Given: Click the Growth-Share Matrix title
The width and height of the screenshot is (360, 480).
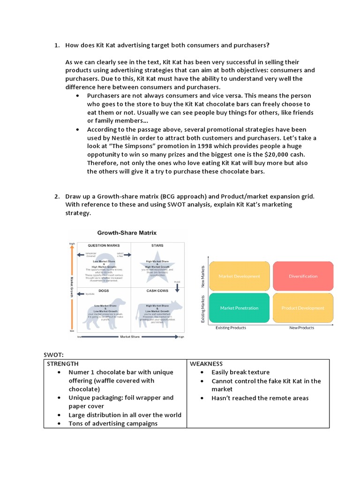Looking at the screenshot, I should pyautogui.click(x=127, y=232).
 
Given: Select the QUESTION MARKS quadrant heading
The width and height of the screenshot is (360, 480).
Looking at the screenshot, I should pyautogui.click(x=104, y=245).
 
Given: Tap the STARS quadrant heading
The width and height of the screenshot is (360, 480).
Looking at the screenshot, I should pyautogui.click(x=157, y=245).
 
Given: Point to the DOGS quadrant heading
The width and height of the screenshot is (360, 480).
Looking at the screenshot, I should pyautogui.click(x=104, y=290).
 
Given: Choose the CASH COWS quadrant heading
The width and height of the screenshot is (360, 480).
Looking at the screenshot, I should pyautogui.click(x=157, y=290).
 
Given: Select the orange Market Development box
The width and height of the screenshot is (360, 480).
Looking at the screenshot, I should pyautogui.click(x=239, y=276).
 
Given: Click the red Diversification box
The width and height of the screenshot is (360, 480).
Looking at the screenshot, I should pyautogui.click(x=303, y=276).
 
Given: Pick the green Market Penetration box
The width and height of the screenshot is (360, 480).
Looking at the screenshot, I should pyautogui.click(x=239, y=308).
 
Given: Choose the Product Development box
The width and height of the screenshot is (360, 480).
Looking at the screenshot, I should pyautogui.click(x=303, y=308).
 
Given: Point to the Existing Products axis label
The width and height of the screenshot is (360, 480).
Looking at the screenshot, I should pyautogui.click(x=231, y=328).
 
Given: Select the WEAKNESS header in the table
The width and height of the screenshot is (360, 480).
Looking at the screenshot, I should pyautogui.click(x=206, y=363).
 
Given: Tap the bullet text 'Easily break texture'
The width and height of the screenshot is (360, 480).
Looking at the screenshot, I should pyautogui.click(x=240, y=372).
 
